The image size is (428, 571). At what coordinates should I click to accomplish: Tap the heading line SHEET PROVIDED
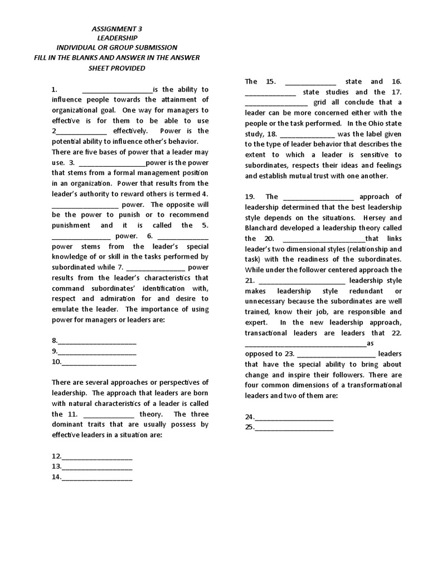(116, 68)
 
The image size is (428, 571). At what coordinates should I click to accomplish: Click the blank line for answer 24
(294, 418)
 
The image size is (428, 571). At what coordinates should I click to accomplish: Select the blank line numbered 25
(294, 429)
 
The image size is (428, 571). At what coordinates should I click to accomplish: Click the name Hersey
(376, 217)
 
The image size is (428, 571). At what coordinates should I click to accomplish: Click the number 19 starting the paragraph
(250, 196)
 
